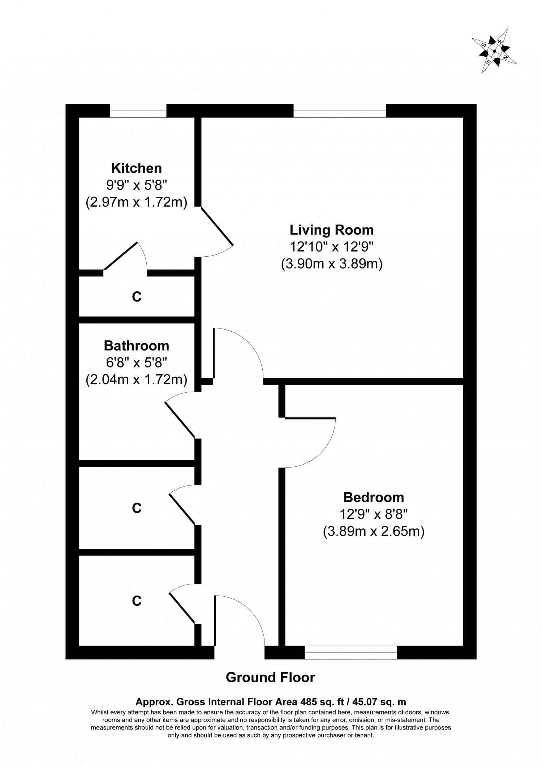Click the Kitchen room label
click(x=136, y=168)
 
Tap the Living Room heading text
click(x=331, y=230)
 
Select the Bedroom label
click(x=373, y=497)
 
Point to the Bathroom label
click(x=136, y=346)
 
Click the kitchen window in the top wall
click(x=138, y=111)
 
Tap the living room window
click(x=339, y=111)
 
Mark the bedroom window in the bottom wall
click(x=351, y=653)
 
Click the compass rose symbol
click(x=494, y=51)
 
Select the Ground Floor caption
click(x=270, y=678)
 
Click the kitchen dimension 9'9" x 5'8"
click(x=136, y=186)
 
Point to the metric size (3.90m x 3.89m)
click(x=331, y=264)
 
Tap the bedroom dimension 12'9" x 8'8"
click(x=373, y=514)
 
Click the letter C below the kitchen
click(x=137, y=297)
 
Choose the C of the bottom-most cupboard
click(x=137, y=601)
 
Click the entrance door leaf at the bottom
click(x=215, y=621)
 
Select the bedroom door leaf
click(x=310, y=418)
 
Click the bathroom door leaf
click(x=180, y=419)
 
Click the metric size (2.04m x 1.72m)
click(x=136, y=380)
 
